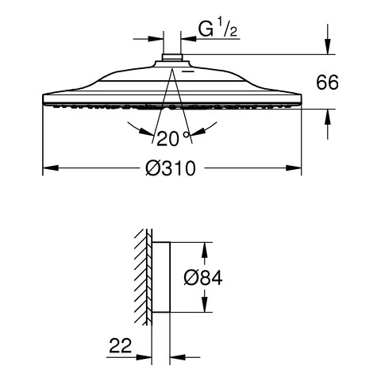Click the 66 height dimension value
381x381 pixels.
327,83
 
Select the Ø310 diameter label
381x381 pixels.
171,168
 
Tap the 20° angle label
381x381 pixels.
173,139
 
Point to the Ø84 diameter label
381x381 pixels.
203,278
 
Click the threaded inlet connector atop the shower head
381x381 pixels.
172,57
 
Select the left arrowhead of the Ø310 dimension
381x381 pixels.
51,168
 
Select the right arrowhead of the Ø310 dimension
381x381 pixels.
294,168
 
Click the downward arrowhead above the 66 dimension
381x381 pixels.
328,46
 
